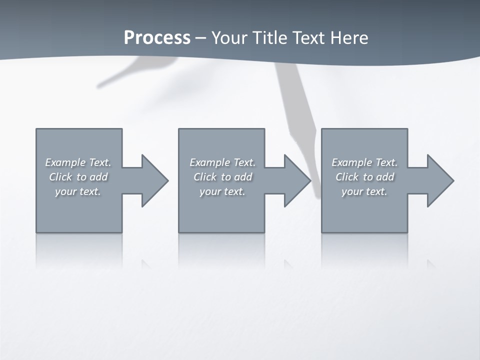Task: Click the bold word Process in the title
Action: pos(157,37)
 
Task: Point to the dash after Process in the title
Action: pos(200,38)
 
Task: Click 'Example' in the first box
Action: pos(65,162)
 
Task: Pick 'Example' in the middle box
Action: pos(209,162)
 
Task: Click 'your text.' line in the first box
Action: pos(78,191)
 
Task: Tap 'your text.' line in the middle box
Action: pos(222,191)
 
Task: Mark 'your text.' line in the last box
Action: pos(364,191)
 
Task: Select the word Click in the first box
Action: pos(60,177)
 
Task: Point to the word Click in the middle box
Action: pos(205,177)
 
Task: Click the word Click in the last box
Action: pos(347,177)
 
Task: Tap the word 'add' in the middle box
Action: pos(243,177)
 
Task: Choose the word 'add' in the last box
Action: pos(385,177)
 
